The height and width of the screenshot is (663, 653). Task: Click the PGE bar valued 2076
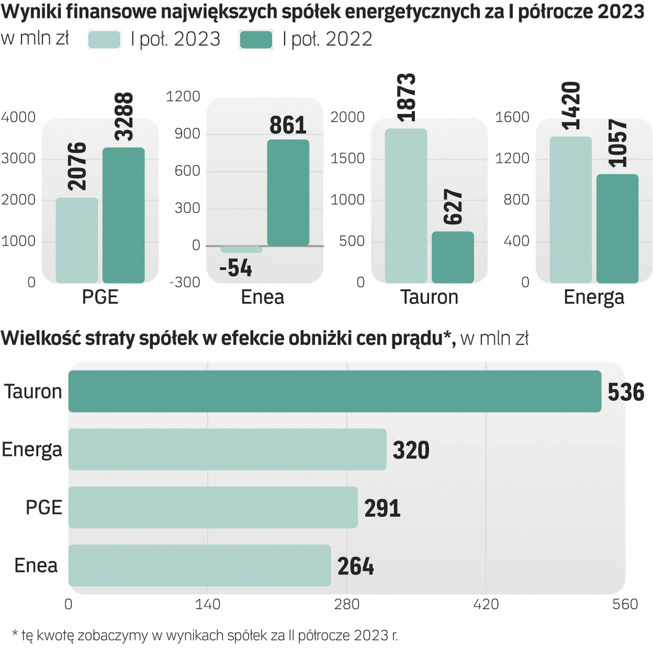77,240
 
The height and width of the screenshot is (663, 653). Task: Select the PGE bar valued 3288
123,215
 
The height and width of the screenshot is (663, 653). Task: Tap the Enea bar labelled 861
288,193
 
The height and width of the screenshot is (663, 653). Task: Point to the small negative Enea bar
241,249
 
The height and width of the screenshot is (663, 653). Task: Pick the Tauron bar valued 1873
406,206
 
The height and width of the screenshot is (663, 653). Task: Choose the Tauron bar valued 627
452,257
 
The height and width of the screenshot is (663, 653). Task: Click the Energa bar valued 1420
570,210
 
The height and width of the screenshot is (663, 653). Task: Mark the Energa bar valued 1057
617,228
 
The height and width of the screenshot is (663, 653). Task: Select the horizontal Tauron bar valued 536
334,391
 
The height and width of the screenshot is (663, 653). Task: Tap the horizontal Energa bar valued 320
227,449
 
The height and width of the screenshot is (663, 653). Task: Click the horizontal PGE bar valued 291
212,507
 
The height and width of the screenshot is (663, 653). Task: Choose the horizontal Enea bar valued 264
199,565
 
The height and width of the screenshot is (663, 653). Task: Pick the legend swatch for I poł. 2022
256,39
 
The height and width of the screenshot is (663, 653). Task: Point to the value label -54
235,268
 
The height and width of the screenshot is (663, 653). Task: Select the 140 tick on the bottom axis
207,604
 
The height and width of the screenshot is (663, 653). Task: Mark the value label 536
626,392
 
